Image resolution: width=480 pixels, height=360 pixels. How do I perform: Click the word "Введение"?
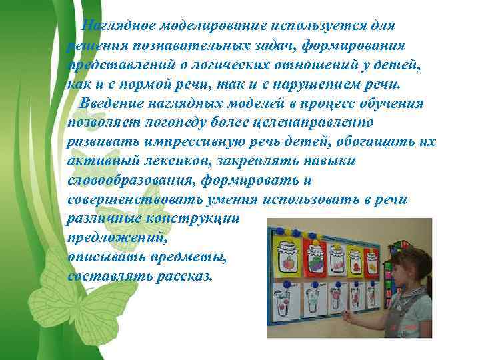pos(106,104)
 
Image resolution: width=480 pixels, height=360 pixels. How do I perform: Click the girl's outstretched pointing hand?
pos(347,315)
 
